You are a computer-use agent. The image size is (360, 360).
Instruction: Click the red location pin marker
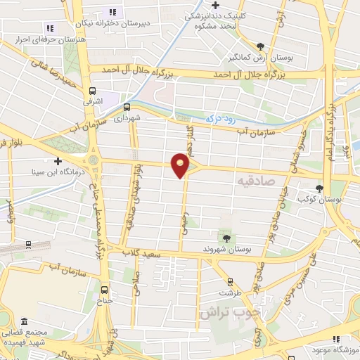coord(181,166)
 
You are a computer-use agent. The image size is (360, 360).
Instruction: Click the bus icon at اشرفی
coord(92,91)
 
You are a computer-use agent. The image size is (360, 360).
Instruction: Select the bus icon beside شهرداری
coord(127,108)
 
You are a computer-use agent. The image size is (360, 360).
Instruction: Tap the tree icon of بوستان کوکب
coord(319,188)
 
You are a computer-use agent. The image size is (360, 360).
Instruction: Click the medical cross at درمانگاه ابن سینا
coord(58,161)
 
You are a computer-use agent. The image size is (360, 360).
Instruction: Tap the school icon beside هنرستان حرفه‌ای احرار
coord(50,28)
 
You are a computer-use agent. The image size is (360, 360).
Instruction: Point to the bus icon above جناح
coord(105,290)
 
